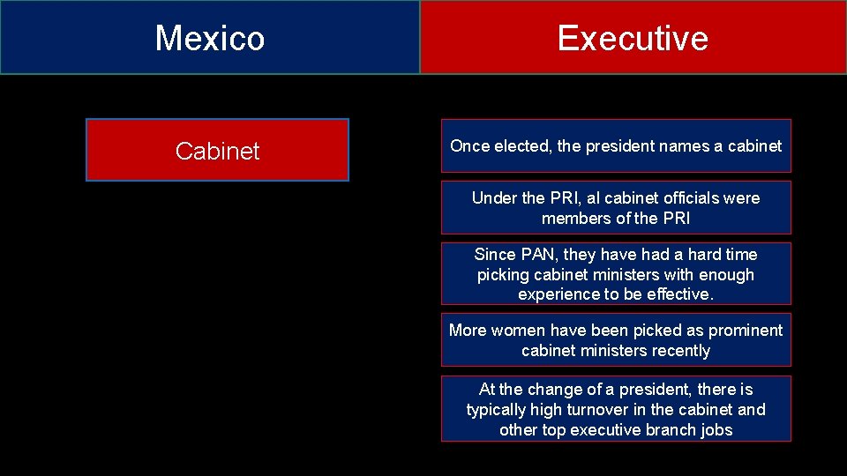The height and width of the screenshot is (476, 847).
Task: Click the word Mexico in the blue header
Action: pyautogui.click(x=210, y=38)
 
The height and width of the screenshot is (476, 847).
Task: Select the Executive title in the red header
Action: pyautogui.click(x=633, y=38)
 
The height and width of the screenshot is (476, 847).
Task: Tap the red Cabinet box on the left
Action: pyautogui.click(x=217, y=151)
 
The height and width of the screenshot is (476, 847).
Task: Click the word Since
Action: pyautogui.click(x=495, y=255)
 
